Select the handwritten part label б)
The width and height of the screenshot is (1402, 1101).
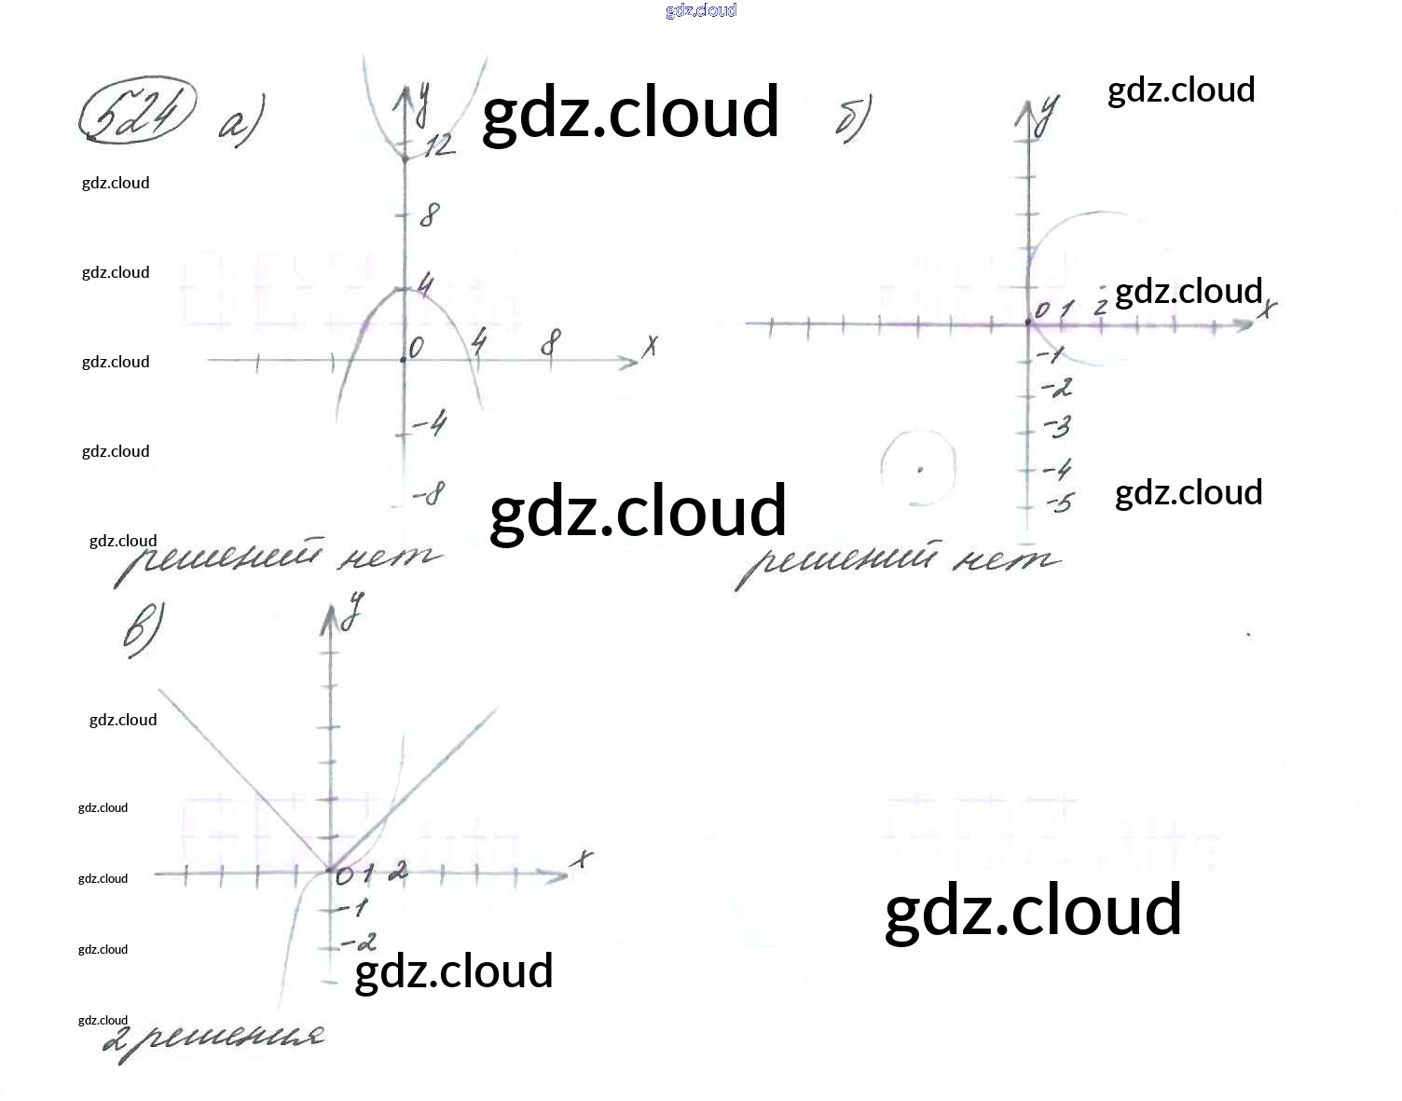pyautogui.click(x=853, y=119)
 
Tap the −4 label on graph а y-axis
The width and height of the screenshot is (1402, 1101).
pyautogui.click(x=430, y=426)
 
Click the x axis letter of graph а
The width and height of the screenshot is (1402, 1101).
pyautogui.click(x=650, y=346)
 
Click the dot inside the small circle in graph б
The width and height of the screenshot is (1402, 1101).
pyautogui.click(x=919, y=470)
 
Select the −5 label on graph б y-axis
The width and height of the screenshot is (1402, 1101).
pyautogui.click(x=1059, y=504)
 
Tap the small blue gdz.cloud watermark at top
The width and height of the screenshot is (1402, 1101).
pyautogui.click(x=701, y=10)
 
